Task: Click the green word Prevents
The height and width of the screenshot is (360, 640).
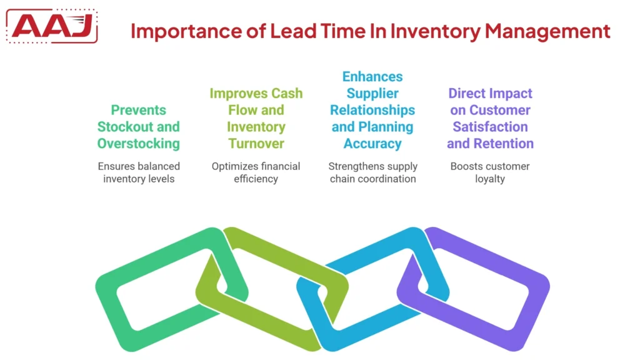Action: point(138,111)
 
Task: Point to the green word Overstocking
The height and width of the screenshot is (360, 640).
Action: point(138,144)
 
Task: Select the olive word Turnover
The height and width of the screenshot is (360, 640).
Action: point(256,144)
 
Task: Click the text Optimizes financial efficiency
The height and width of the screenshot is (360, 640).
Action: point(256,172)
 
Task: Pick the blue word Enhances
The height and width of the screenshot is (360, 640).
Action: point(372,77)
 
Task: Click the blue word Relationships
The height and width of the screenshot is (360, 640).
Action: point(372,111)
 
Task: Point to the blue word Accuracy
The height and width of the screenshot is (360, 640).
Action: point(372,144)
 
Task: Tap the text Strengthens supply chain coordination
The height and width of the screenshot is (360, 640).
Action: point(373,172)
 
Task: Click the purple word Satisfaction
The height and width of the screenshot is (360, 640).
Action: point(490,127)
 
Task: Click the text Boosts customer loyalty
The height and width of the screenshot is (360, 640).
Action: point(490,172)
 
